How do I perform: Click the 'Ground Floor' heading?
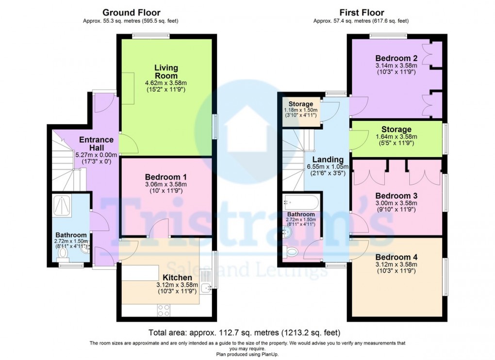pos(131,13)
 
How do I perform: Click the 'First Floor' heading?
pos(361,13)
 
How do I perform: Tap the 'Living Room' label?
pos(166,72)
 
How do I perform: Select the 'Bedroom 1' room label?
pos(166,177)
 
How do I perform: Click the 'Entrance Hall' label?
pos(97,144)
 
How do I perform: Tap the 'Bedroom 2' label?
pos(396,57)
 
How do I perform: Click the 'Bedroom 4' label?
pos(396,257)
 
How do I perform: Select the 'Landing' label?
pos(328,160)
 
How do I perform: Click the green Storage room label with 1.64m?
pos(396,130)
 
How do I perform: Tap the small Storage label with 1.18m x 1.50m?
pos(301,104)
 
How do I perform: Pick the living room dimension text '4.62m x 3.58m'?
pos(166,83)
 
